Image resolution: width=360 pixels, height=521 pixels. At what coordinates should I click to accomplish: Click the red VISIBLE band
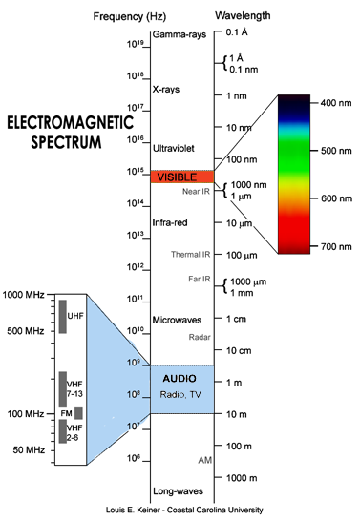pos(182,177)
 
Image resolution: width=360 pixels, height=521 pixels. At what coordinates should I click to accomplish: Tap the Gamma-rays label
pos(180,34)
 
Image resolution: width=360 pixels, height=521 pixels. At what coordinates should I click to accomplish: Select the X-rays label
pos(166,89)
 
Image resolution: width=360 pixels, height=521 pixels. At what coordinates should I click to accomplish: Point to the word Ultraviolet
pos(173,148)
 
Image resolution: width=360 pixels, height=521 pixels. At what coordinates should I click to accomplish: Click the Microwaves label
pos(177,320)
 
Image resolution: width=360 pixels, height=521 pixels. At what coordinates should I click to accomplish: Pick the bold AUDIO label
pos(180,378)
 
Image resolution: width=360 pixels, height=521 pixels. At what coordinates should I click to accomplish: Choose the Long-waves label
pos(178,491)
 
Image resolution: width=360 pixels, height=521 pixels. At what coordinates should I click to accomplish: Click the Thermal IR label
pos(190,254)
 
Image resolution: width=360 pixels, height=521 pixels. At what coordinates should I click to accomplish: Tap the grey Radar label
pos(200,337)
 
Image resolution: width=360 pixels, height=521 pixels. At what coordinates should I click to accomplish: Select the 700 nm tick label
pos(336,246)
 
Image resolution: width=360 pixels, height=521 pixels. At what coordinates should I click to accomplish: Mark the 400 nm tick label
pos(336,103)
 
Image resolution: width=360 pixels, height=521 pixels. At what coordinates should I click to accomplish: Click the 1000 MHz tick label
pos(23,295)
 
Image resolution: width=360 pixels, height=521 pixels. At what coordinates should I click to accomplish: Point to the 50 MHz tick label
pos(29,449)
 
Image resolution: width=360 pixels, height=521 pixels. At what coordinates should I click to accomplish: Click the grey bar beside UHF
pos(62,317)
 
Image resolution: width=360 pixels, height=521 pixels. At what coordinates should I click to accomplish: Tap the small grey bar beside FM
pos(78,413)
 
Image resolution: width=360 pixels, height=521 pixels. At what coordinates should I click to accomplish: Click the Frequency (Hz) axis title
pos(130,16)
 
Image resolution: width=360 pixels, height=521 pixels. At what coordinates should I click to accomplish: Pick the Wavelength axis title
pos(243,16)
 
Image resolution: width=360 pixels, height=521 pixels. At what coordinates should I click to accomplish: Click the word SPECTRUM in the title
pos(66,142)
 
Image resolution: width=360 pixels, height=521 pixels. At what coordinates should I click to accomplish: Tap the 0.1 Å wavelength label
pos(237,32)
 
